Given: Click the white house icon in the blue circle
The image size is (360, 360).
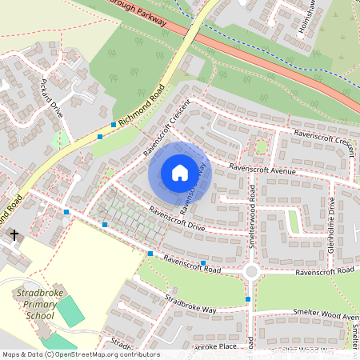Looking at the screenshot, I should [180, 173].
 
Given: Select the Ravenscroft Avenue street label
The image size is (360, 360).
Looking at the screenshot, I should [262, 170].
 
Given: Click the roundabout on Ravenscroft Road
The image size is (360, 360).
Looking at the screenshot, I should [251, 272].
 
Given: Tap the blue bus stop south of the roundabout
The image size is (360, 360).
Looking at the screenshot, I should [248, 299].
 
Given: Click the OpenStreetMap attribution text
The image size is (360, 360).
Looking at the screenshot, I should [80, 354].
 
